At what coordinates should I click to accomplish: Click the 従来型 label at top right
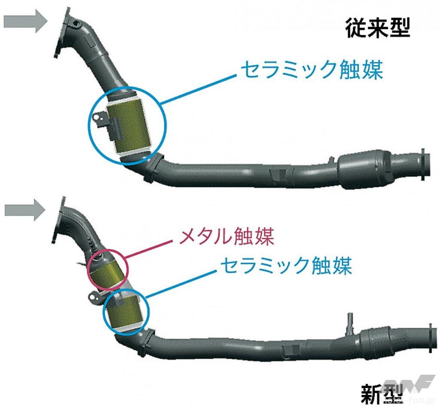point(378,28)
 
